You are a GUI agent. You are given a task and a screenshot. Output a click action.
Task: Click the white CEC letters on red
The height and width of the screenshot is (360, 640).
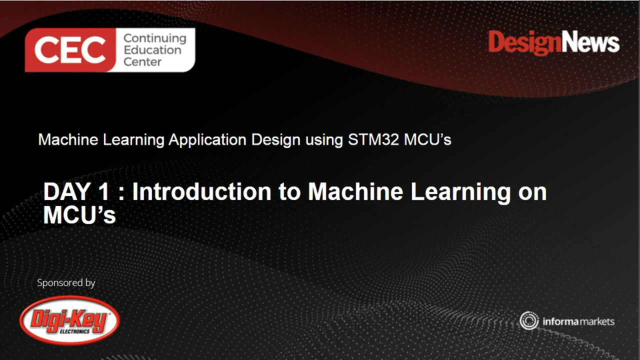coord(70,50)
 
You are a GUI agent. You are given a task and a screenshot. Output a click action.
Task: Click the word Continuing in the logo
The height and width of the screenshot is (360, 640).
coord(154,38)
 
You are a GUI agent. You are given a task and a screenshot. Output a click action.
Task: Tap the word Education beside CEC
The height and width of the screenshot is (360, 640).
coord(152,50)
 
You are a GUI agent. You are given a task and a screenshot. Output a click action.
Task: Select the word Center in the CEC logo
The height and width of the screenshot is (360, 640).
coord(142,61)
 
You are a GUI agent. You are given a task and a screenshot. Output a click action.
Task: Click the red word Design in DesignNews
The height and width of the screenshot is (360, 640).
coord(524,43)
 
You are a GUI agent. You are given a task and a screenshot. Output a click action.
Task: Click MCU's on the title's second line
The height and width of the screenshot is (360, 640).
coord(79,215)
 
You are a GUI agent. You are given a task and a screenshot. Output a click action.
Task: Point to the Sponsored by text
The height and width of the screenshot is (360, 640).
coord(66,283)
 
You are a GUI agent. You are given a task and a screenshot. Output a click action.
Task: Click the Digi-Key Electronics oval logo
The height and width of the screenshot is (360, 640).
coord(69,320)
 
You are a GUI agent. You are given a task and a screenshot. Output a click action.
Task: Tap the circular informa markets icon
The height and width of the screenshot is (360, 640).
coord(529,321)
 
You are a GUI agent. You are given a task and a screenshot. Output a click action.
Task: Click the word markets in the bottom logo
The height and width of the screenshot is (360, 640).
coord(597,321)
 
